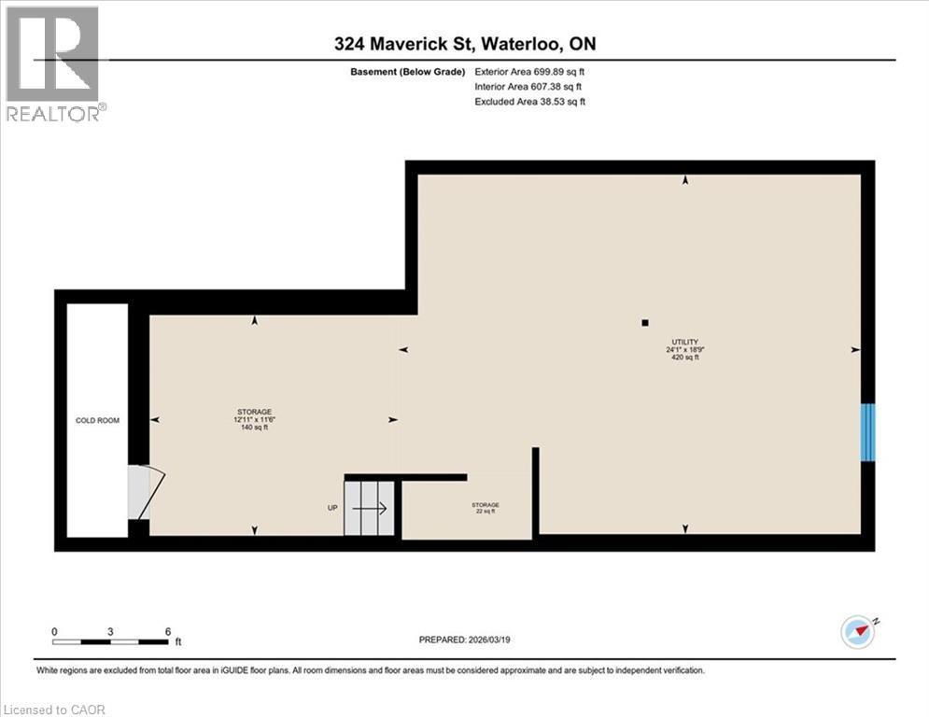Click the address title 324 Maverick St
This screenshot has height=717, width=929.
(x=465, y=44)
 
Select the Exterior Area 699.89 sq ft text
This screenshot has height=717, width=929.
(x=529, y=71)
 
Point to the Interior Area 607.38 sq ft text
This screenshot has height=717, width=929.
(x=528, y=86)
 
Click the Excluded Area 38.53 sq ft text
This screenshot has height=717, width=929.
(x=529, y=102)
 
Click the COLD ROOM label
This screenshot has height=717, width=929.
(x=97, y=421)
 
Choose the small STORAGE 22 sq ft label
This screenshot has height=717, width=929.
(x=485, y=508)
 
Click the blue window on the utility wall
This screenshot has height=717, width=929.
(x=868, y=431)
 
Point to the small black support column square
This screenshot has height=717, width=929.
(x=645, y=323)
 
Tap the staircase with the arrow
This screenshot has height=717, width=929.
(x=371, y=509)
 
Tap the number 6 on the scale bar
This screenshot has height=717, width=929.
(x=167, y=632)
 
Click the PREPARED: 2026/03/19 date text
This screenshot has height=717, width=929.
(x=465, y=640)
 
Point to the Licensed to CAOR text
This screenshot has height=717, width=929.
(x=54, y=710)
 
